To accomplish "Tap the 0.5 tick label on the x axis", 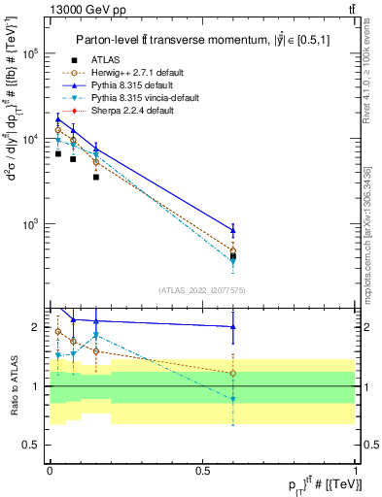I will [202, 470].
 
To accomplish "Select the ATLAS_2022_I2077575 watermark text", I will [201, 290].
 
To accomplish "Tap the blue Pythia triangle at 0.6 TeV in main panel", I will [232, 230].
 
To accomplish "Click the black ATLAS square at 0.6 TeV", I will [232, 256].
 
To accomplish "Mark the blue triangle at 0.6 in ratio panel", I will [232, 327].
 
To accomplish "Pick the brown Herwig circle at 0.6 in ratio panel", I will [232, 373].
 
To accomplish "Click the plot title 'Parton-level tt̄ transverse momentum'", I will [190, 39].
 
